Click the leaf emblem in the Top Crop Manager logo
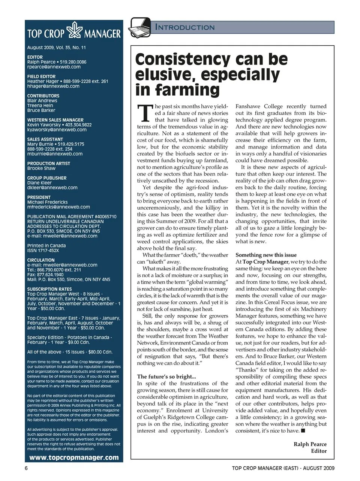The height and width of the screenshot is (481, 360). click(74, 30)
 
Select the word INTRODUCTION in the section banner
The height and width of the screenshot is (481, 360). click(185, 27)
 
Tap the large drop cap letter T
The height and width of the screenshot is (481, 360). click(145, 113)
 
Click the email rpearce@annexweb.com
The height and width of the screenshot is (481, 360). click(54, 67)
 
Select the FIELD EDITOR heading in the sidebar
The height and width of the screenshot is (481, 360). click(41, 76)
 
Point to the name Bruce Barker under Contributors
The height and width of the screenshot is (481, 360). click(41, 110)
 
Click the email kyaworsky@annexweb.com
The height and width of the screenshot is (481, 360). click(57, 130)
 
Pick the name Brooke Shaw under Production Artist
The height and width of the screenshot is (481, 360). click(41, 168)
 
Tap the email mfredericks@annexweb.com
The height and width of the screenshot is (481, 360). click(58, 207)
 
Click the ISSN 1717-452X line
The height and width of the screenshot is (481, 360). click(43, 250)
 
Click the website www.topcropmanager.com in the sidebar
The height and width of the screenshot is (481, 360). click(74, 457)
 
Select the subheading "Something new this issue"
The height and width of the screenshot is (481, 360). click(266, 255)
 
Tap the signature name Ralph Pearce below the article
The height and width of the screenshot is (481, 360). click(310, 444)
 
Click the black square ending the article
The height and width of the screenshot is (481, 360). click(303, 431)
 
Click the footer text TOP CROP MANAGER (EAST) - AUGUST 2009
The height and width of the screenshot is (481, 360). click(283, 468)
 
